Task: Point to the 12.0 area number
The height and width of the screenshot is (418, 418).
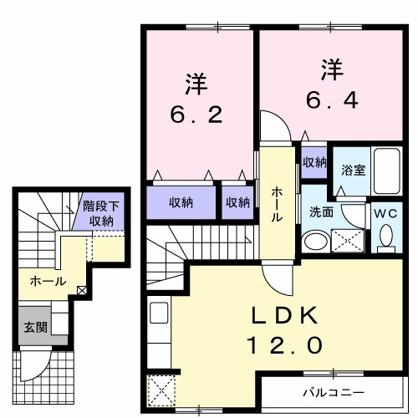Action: [283, 344]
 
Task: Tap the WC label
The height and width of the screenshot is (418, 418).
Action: [385, 213]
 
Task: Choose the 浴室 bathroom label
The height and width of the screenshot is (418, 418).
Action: [353, 170]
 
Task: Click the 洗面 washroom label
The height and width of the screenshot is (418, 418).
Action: [322, 212]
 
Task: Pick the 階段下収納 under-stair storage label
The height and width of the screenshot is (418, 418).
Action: [102, 214]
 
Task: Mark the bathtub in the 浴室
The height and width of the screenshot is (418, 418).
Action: [387, 171]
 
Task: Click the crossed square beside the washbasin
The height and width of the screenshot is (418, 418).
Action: [348, 241]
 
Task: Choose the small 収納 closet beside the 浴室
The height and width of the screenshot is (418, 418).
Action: [314, 161]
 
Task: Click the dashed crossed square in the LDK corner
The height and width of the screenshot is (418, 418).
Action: [160, 390]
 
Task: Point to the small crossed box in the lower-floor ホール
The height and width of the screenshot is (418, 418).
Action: [82, 291]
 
